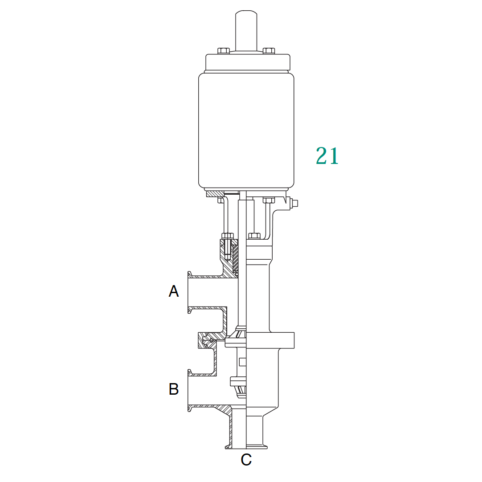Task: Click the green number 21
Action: (x=327, y=156)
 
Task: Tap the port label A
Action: (x=174, y=291)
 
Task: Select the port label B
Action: (x=174, y=389)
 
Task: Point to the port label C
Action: (x=246, y=459)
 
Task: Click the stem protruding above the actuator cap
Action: (x=246, y=29)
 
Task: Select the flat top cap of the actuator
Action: (x=248, y=62)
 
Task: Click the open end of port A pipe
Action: (x=190, y=292)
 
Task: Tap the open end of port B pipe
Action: (x=190, y=390)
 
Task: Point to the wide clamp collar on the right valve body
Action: (x=270, y=340)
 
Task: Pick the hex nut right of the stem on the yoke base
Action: (x=254, y=235)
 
